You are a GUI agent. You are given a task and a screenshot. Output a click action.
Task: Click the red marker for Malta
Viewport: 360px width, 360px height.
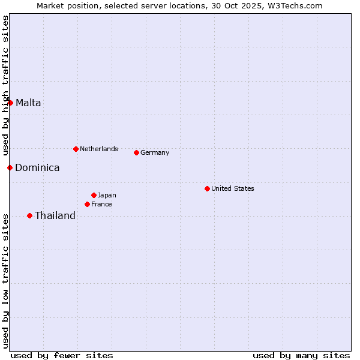(10, 103)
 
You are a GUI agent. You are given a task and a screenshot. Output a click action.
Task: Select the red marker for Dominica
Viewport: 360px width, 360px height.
(10, 167)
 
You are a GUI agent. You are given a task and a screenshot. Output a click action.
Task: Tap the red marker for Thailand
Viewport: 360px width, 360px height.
(29, 215)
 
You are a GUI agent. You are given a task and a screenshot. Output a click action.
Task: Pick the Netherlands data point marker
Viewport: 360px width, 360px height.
(76, 149)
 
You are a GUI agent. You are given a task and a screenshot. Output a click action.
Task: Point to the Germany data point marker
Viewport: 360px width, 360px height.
(136, 152)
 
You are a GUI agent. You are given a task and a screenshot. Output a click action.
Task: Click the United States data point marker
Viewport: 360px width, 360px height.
(207, 188)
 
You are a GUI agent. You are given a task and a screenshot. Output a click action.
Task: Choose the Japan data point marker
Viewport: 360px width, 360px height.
(94, 195)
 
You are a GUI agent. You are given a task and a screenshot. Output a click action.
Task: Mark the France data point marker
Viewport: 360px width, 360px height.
(87, 204)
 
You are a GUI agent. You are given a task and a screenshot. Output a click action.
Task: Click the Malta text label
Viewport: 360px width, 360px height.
(28, 103)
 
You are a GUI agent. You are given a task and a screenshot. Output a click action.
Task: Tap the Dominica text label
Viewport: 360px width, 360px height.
(37, 167)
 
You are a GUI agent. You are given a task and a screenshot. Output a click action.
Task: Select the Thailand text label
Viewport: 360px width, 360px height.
(55, 215)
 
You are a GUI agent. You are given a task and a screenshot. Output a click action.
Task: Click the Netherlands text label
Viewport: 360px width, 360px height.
(99, 149)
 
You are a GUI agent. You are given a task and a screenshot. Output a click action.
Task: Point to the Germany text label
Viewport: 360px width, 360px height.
(155, 152)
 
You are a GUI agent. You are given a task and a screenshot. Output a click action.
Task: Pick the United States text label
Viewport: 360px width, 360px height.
(233, 188)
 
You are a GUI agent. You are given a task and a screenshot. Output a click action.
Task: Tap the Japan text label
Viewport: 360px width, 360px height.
(107, 195)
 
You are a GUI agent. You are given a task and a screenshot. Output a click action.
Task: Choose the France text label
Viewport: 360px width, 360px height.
(101, 204)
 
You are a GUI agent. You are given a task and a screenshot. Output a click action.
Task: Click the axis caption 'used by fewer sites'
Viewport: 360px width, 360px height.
(62, 355)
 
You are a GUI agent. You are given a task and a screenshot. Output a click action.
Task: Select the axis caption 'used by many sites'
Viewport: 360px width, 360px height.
(301, 355)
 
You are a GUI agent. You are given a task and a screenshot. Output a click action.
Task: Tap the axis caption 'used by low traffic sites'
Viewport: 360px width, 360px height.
(5, 280)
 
